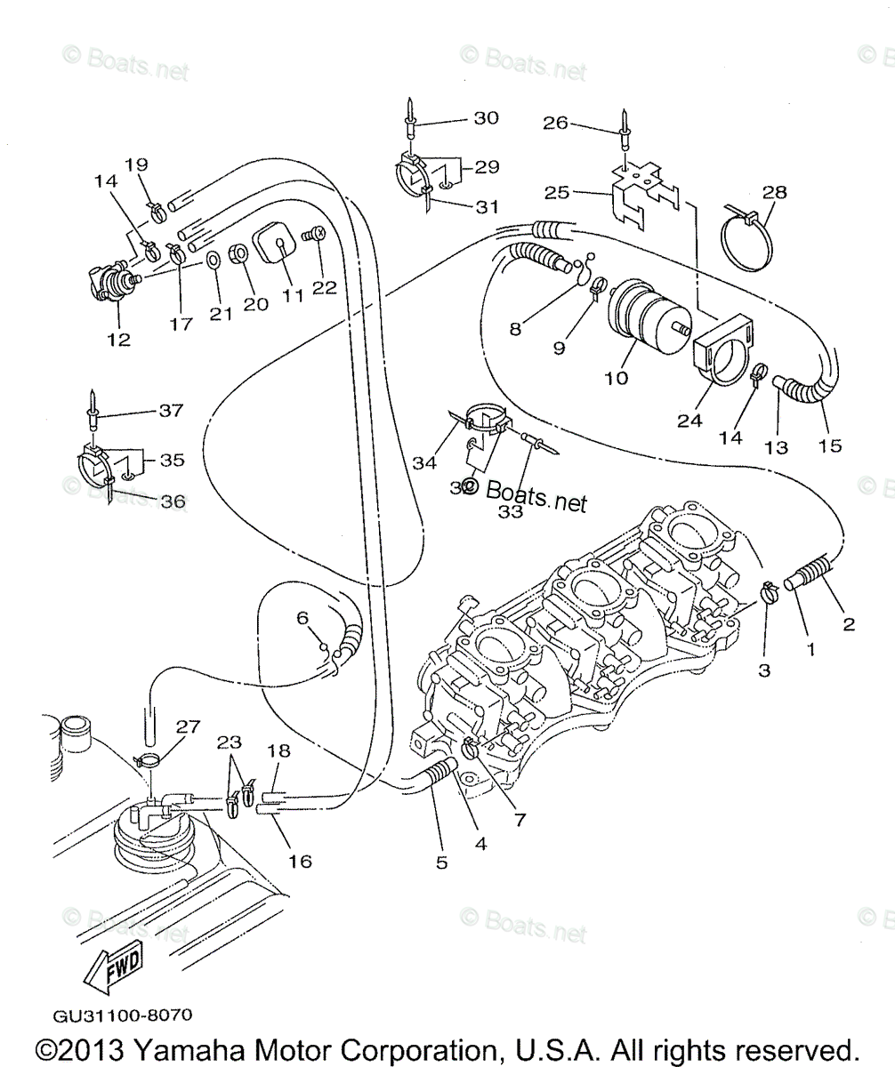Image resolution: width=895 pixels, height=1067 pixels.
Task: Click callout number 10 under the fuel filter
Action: point(616,377)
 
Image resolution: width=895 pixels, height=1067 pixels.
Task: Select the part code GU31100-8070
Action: point(122,1015)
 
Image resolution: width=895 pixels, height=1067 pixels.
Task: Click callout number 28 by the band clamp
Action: point(775,192)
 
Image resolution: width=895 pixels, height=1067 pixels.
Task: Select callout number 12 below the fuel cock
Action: point(118,339)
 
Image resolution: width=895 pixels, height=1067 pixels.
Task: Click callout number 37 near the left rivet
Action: point(170,410)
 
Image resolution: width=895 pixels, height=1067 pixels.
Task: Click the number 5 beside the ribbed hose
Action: point(442,862)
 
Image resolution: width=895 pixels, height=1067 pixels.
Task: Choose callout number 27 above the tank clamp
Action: point(188,726)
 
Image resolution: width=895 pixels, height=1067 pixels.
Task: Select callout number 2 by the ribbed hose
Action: point(848,624)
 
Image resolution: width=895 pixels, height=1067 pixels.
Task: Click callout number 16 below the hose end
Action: point(300,861)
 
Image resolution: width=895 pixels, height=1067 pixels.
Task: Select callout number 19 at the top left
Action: point(136,164)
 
